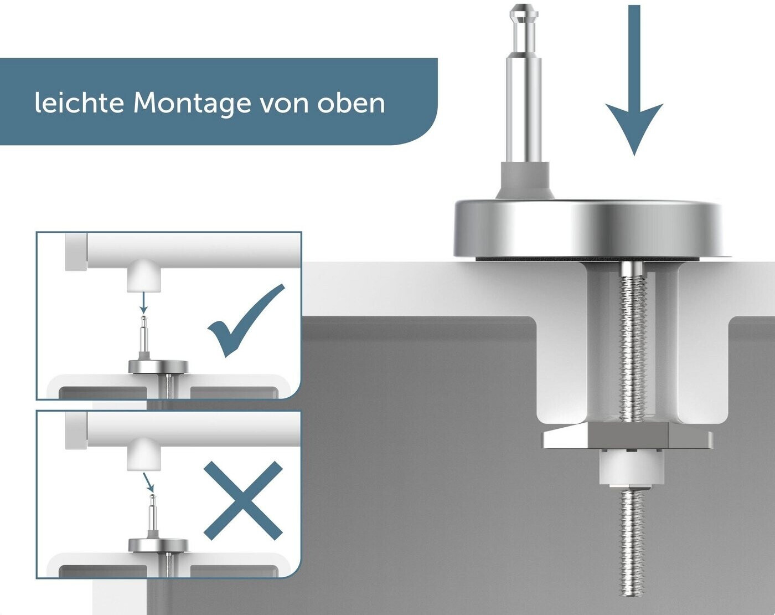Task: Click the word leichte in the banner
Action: click(x=79, y=103)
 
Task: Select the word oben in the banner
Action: click(x=351, y=103)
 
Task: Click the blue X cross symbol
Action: click(x=243, y=500)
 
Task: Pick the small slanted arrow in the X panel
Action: click(x=148, y=480)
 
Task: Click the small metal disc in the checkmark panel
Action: click(x=158, y=367)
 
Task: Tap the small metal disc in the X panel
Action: click(x=158, y=545)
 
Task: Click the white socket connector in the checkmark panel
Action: click(x=144, y=278)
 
